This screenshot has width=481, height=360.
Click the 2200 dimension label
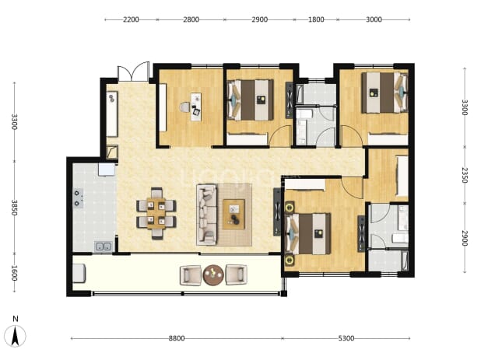(131, 19)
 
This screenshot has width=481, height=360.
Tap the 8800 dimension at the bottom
(177, 338)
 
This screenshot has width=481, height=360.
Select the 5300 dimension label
(346, 338)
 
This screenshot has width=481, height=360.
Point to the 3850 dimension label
(14, 208)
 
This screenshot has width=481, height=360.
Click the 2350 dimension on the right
(465, 175)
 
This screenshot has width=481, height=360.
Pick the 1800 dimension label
(316, 19)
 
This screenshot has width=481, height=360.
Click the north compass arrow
(15, 336)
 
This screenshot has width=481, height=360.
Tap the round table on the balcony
(213, 274)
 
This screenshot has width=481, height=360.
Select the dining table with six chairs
(156, 213)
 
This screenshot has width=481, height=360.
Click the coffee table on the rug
(233, 214)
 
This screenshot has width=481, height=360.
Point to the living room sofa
(206, 214)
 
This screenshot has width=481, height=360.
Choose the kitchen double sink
(103, 246)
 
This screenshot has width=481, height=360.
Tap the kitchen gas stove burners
(78, 198)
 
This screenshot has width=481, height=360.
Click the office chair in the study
(185, 107)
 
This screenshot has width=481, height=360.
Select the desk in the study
(195, 107)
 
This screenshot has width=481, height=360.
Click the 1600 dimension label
(14, 273)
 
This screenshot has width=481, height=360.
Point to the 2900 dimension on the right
(465, 238)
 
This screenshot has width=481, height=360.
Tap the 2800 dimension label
(191, 19)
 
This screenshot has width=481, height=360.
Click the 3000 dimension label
(374, 19)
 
